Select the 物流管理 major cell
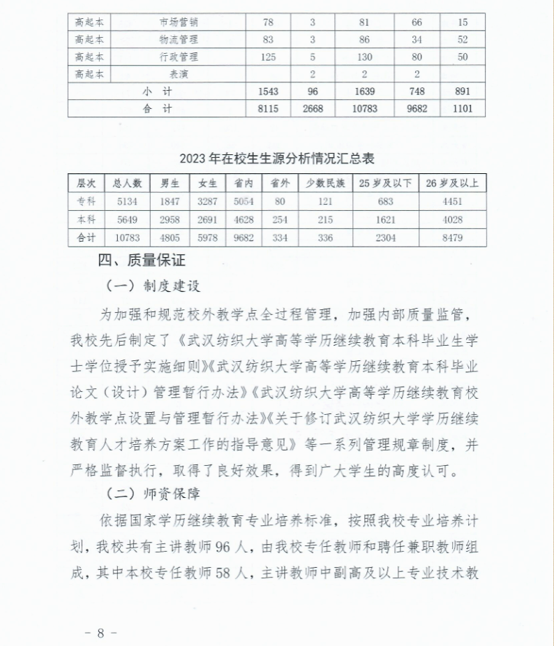click(179, 40)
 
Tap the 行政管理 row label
click(179, 57)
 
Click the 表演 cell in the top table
click(179, 74)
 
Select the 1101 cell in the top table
click(462, 108)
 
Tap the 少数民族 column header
click(326, 184)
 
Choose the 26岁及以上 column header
click(452, 184)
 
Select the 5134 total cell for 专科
click(127, 202)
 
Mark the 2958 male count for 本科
click(170, 220)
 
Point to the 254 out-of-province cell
click(280, 220)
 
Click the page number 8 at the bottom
click(100, 633)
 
